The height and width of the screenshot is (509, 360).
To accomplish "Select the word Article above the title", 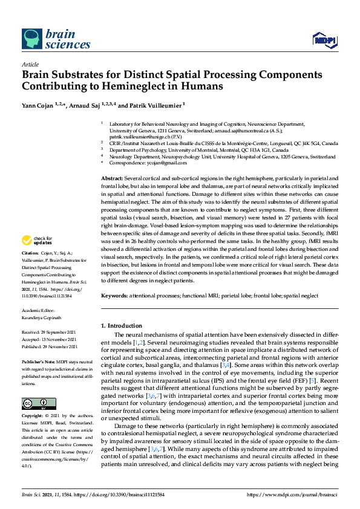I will click(x=30, y=64).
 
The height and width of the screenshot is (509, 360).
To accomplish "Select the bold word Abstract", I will click(x=111, y=180).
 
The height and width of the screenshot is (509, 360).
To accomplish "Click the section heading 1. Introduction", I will click(x=124, y=326).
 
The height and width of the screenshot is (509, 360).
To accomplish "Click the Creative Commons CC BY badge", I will click(x=34, y=403).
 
